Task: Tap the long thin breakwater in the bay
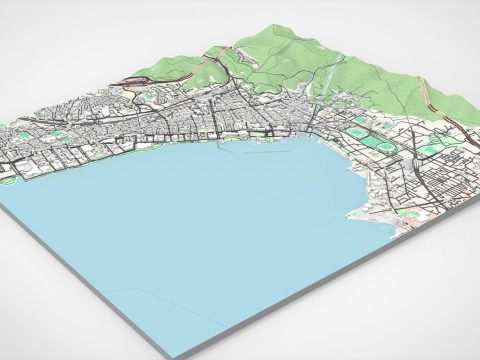pyautogui.click(x=263, y=155)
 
